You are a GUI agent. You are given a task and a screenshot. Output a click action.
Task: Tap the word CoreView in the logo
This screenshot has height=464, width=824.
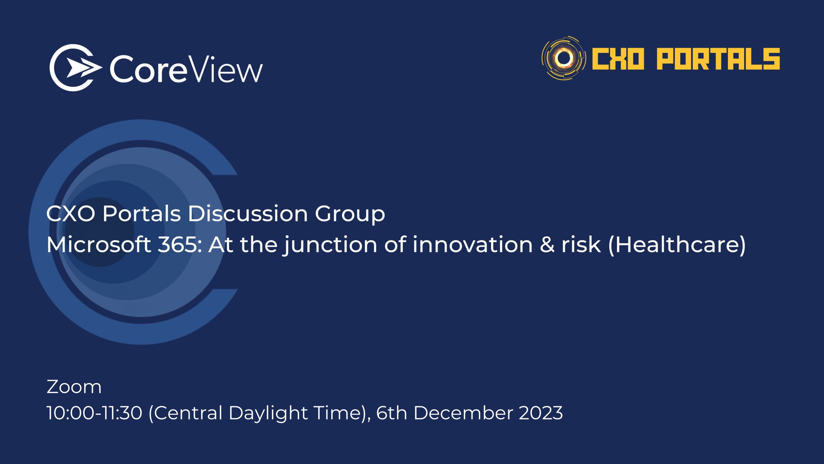[186, 69]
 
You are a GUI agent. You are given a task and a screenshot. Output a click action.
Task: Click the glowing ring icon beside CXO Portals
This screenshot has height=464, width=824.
[564, 58]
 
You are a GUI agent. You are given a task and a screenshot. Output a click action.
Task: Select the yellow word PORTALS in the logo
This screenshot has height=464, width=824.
[718, 59]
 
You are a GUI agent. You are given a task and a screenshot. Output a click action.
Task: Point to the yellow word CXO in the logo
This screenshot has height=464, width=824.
[618, 59]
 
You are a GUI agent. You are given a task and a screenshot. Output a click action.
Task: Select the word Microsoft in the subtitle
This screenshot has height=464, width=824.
[99, 244]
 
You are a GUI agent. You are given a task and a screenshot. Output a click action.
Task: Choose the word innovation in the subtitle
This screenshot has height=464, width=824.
[473, 244]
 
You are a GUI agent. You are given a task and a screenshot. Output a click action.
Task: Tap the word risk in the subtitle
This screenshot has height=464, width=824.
[581, 244]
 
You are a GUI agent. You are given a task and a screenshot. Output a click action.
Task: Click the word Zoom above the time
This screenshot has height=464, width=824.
[74, 387]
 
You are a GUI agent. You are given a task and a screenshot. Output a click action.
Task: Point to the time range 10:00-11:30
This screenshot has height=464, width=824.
[94, 413]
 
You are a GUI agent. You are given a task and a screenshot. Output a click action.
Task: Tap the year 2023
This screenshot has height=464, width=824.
[541, 413]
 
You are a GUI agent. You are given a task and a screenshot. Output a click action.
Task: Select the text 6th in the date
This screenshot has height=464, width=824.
[392, 413]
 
